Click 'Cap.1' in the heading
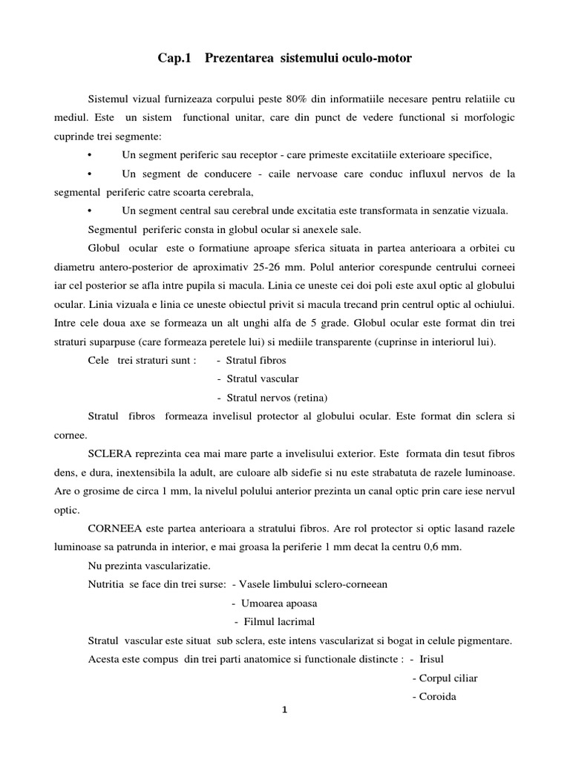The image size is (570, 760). tap(172, 58)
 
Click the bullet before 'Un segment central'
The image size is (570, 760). tap(89, 210)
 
